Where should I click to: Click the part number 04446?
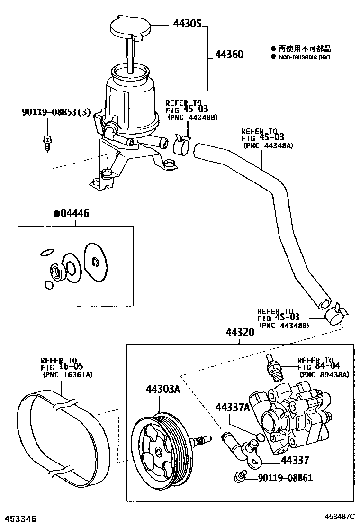tap(75, 214)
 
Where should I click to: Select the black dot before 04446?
tap(56, 214)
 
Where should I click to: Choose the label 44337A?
tap(231, 408)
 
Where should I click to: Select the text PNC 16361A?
tap(67, 374)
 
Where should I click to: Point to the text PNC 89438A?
tap(324, 374)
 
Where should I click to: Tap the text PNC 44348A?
tap(269, 145)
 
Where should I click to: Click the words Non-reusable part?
tap(304, 57)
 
